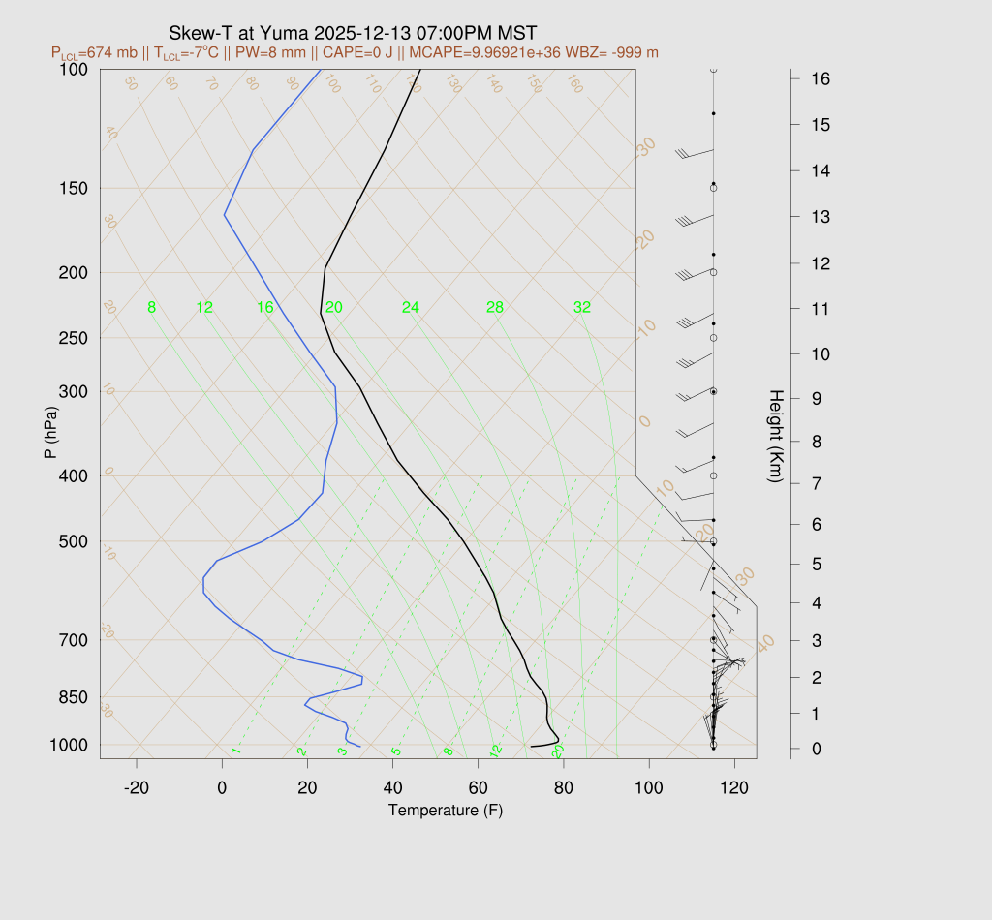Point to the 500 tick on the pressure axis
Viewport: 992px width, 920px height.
point(74,541)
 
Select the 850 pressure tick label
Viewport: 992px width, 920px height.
point(74,697)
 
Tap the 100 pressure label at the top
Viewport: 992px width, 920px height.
point(74,70)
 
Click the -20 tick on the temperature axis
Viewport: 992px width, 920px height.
point(137,788)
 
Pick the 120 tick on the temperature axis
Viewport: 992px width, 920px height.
point(734,788)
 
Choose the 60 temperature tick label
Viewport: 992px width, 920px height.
point(478,788)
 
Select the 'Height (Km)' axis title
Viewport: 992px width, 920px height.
point(775,438)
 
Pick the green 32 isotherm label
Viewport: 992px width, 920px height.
point(582,308)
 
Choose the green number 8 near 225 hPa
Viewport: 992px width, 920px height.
point(152,308)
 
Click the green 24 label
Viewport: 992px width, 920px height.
point(411,308)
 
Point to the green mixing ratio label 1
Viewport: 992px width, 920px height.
point(235,751)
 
